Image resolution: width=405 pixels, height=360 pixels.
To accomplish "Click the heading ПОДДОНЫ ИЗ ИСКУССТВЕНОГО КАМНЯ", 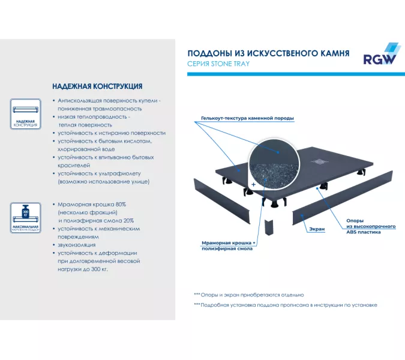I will (268, 53).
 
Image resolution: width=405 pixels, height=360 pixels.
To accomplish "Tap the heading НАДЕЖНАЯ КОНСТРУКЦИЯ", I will (97, 86).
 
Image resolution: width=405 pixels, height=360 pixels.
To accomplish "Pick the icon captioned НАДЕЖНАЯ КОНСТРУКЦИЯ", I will (25, 114).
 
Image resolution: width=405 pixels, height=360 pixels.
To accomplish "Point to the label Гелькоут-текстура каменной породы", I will (247, 119).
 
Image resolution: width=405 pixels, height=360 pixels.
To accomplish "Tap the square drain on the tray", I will (319, 160).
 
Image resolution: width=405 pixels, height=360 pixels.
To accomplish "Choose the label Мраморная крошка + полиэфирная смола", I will (228, 245).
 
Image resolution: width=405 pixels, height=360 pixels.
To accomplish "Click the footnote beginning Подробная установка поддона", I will (285, 305).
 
